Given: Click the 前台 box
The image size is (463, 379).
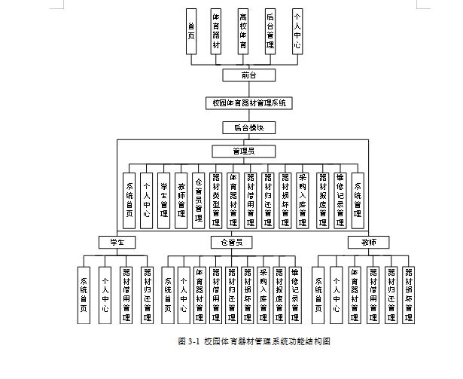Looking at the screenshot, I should pos(249,75).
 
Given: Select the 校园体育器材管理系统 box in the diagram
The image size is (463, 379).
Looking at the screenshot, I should pos(248,102).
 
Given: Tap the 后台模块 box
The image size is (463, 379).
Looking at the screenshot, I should pos(248,127).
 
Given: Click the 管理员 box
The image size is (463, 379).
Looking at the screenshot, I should pos(243,151).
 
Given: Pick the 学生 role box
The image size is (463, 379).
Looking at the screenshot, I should pos(116,243).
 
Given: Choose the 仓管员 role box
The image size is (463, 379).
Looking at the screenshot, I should pos(232,243).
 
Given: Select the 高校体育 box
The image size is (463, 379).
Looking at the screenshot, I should pos(243,31).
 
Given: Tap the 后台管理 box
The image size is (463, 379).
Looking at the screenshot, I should pos(270,31).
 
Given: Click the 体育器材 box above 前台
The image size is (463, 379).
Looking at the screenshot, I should pos(217,31).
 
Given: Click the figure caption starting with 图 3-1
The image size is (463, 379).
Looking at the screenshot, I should pos(254,341).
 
